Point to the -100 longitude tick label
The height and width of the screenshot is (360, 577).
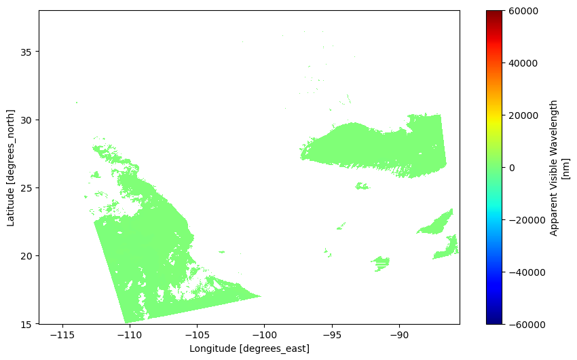(x=264, y=334)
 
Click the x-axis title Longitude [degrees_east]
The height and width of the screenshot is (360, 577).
(x=249, y=348)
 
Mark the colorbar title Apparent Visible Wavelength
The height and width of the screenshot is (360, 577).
(x=554, y=167)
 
